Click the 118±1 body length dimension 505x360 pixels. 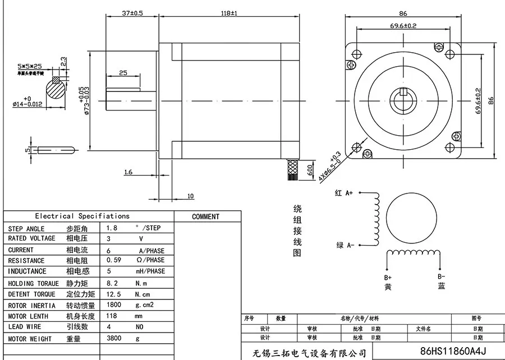[229, 12]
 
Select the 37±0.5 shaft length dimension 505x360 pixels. [131, 12]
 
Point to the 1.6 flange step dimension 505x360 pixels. [128, 172]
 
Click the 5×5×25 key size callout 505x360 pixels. [30, 66]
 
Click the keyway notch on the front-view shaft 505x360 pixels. [403, 93]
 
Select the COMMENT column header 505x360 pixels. [205, 216]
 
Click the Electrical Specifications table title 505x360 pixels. [82, 216]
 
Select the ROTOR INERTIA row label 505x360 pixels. [31, 306]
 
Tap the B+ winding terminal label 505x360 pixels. [388, 278]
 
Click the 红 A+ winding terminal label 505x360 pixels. [343, 193]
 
